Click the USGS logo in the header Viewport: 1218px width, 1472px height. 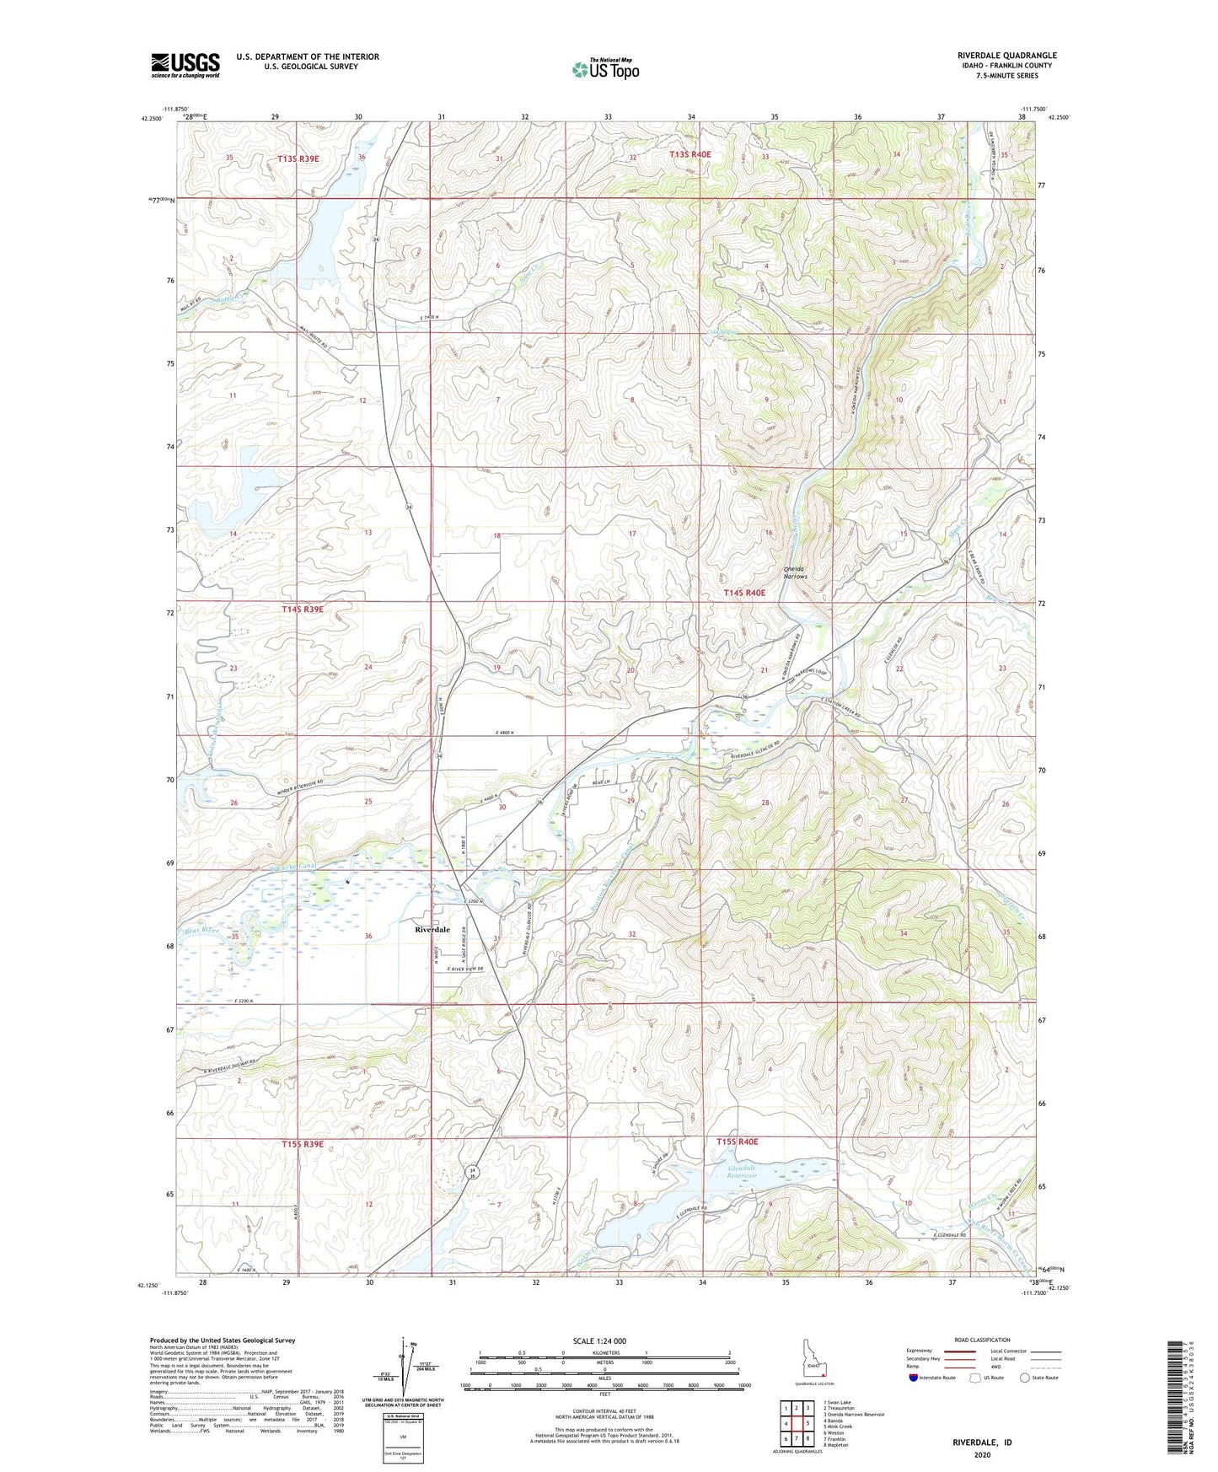[x=185, y=65]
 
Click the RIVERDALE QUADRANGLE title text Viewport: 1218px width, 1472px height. [x=1001, y=56]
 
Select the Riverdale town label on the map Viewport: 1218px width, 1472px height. [x=432, y=929]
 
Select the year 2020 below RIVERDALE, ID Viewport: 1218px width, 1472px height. [x=982, y=1454]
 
